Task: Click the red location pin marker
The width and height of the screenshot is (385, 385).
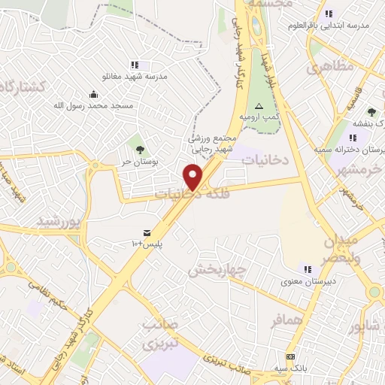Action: (193, 177)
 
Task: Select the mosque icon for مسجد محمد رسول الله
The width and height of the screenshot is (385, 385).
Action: (93, 94)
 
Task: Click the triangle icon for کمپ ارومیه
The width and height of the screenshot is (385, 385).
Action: (259, 106)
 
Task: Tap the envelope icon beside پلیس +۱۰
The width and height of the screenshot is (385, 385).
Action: (147, 232)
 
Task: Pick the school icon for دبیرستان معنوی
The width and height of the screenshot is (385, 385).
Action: (307, 268)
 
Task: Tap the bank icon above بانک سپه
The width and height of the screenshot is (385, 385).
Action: (290, 356)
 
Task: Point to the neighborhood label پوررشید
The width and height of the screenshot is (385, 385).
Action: (58, 221)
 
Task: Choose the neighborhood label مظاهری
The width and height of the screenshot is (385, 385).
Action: (329, 66)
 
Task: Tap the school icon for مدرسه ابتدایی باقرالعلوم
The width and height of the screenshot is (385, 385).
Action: (329, 14)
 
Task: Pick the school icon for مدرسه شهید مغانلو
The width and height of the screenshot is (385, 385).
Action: (135, 65)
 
